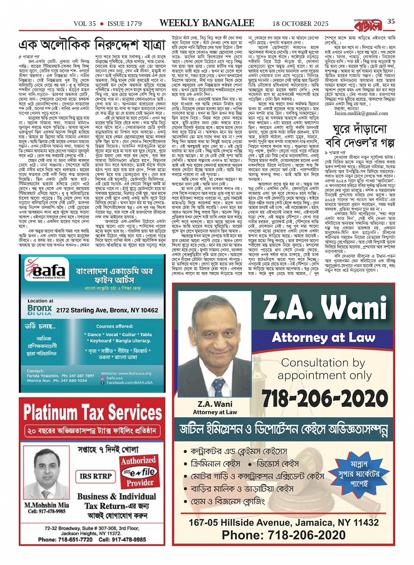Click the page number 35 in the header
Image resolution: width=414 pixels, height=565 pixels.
(391, 21)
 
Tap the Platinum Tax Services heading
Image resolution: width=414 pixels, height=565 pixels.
(92, 412)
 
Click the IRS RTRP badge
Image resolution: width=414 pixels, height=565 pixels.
(96, 476)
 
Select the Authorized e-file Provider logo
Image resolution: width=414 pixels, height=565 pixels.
(138, 471)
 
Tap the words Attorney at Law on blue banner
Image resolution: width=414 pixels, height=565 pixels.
(323, 337)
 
